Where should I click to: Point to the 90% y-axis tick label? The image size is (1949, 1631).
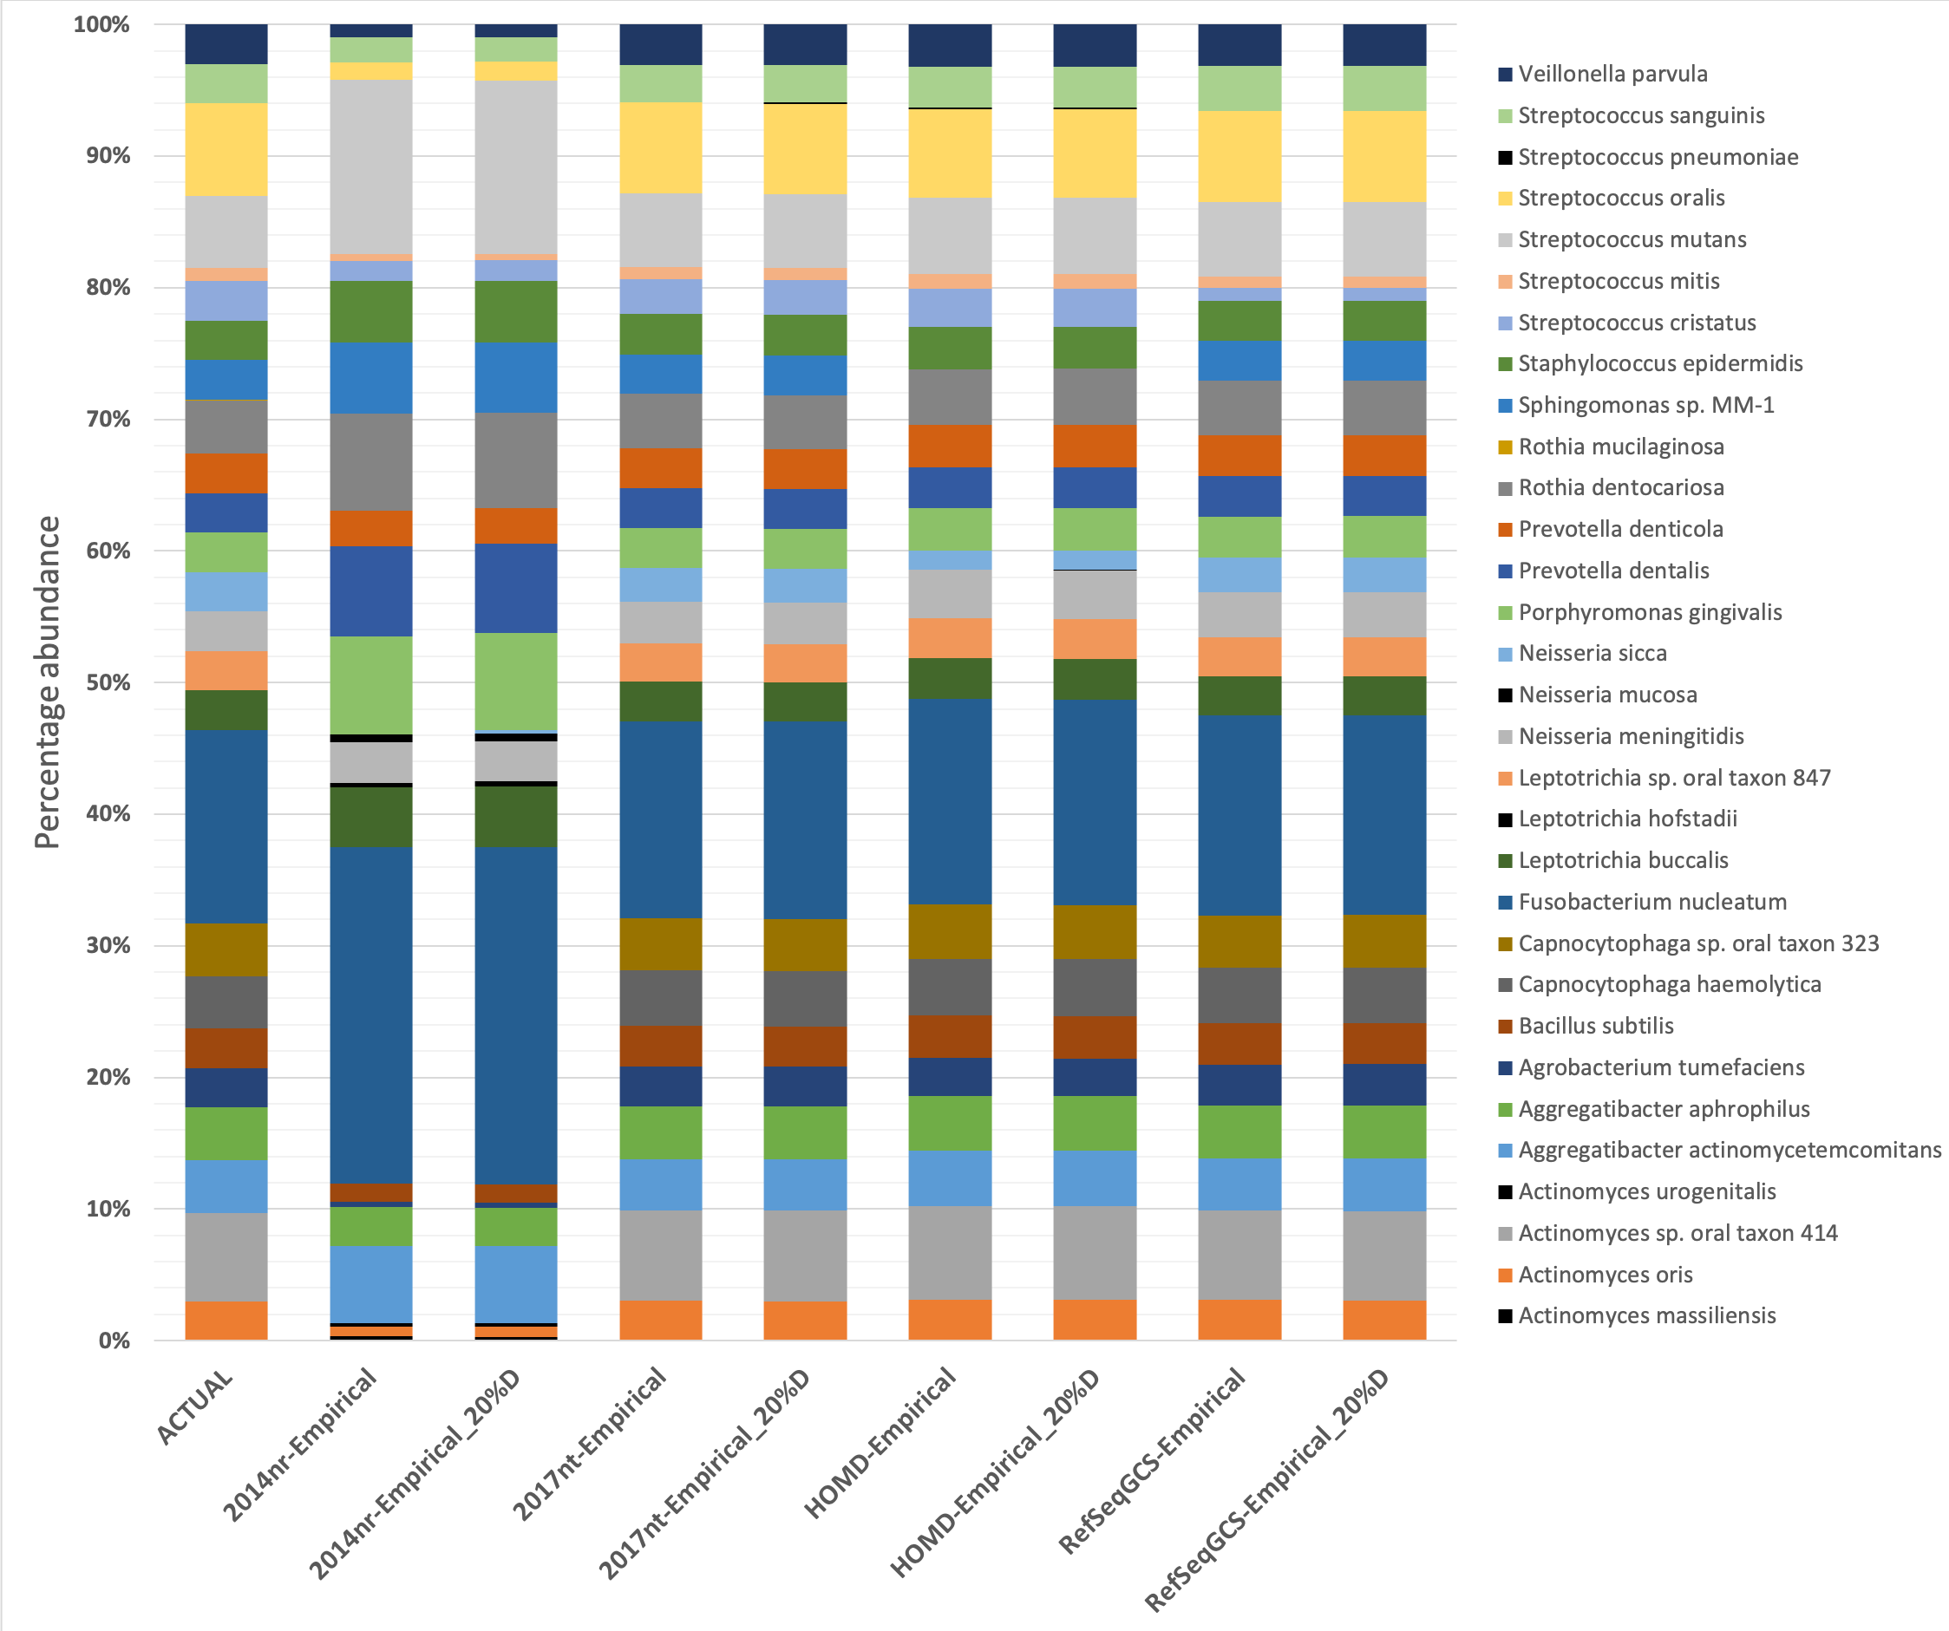(x=108, y=156)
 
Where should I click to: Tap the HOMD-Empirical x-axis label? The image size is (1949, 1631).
(x=879, y=1443)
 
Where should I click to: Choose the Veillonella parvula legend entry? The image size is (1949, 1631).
(x=1612, y=75)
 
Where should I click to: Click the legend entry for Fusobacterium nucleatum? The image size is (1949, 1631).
(x=1652, y=902)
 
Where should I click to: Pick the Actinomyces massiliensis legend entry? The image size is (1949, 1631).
(x=1646, y=1315)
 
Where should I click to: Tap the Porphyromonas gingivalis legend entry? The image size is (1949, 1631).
(x=1649, y=612)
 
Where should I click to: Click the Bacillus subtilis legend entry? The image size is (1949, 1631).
(x=1595, y=1026)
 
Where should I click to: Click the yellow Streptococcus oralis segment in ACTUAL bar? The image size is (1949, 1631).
(x=226, y=149)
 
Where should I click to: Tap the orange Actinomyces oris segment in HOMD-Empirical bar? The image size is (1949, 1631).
(x=950, y=1319)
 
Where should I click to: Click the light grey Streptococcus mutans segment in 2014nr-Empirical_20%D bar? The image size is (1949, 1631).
(x=516, y=167)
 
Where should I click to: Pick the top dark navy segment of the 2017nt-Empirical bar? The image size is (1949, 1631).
(x=661, y=44)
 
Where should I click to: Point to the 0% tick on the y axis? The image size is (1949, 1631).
(x=114, y=1341)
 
